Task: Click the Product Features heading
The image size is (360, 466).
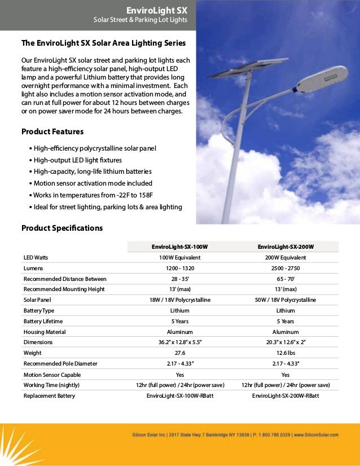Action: pyautogui.click(x=52, y=131)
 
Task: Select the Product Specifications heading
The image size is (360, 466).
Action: pyautogui.click(x=62, y=228)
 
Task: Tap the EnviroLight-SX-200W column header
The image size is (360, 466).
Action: pyautogui.click(x=286, y=247)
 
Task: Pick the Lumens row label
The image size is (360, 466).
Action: pyautogui.click(x=33, y=268)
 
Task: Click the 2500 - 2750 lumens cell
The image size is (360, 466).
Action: pyautogui.click(x=286, y=268)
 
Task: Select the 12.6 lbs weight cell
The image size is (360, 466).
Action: pyautogui.click(x=286, y=353)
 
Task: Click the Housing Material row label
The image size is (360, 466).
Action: pyautogui.click(x=45, y=332)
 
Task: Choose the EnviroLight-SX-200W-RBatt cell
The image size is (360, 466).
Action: pyautogui.click(x=286, y=395)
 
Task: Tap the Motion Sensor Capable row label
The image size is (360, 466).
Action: pyautogui.click(x=52, y=374)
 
